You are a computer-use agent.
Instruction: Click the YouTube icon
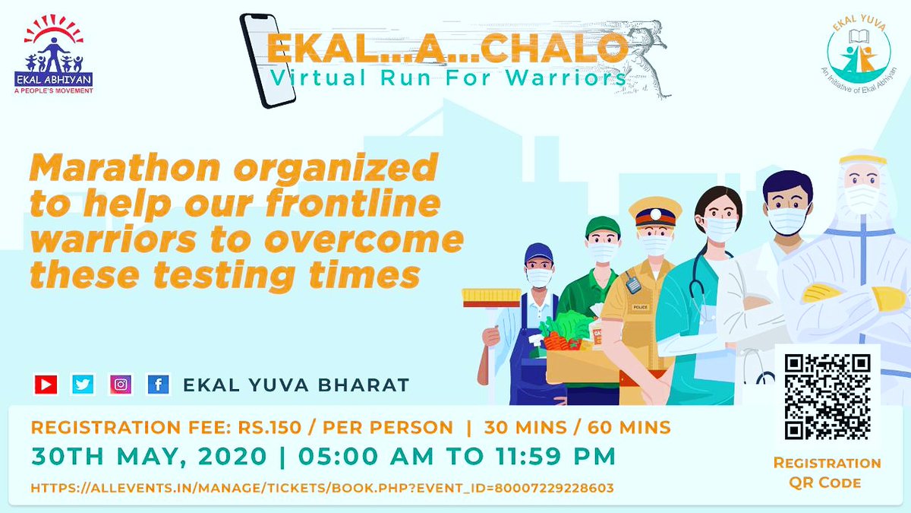46,385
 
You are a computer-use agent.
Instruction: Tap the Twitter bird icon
83,385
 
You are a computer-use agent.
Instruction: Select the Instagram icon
121,385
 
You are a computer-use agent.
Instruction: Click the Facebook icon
158,385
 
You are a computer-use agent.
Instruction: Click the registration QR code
827,397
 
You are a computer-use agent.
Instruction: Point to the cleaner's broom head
491,296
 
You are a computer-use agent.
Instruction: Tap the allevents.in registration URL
322,487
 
